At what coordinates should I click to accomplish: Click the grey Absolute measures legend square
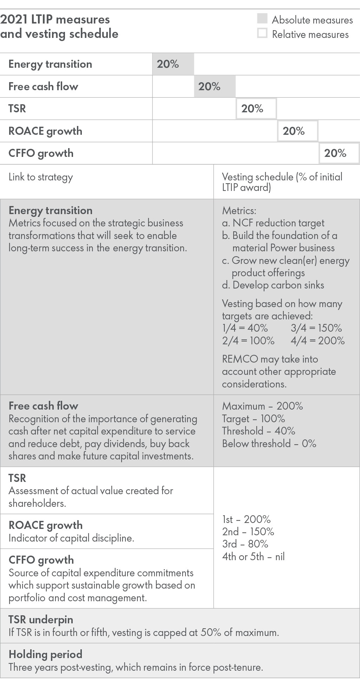(x=262, y=19)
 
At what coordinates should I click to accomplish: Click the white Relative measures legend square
(x=262, y=33)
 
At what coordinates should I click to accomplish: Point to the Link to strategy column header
(x=41, y=177)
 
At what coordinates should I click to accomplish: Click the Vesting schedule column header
(x=282, y=182)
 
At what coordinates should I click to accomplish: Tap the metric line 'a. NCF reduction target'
(x=273, y=223)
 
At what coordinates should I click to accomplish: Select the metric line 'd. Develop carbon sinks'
(x=273, y=285)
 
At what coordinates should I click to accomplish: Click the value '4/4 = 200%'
(x=318, y=340)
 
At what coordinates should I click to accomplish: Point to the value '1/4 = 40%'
(x=245, y=328)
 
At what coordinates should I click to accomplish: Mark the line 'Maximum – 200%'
(x=262, y=406)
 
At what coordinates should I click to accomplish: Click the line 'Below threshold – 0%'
(x=269, y=444)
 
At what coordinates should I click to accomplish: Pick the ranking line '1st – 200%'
(x=246, y=519)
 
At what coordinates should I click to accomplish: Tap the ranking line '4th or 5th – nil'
(x=253, y=557)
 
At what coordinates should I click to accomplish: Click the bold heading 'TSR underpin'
(x=41, y=620)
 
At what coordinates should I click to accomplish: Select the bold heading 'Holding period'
(x=45, y=654)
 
